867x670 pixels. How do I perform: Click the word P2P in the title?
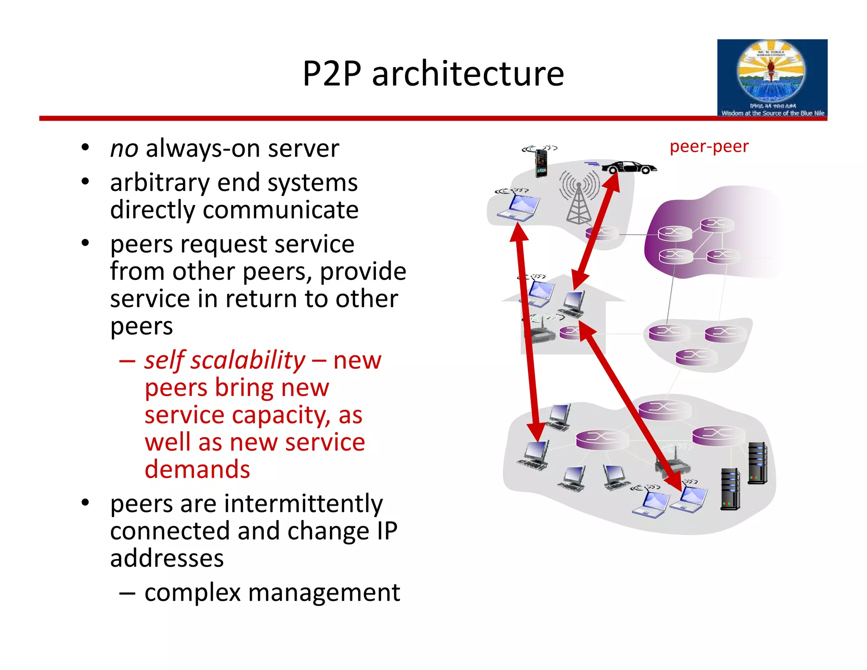[332, 74]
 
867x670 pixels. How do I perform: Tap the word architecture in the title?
[468, 74]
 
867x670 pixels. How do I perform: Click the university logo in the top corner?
[772, 78]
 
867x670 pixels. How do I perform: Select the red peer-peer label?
[709, 147]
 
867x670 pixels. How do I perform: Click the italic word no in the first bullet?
[124, 149]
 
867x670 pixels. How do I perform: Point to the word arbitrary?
[160, 183]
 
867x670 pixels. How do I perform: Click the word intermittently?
[303, 504]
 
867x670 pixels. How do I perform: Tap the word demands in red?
[197, 469]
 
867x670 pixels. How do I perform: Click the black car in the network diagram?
[629, 168]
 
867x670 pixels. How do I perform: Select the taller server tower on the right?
[757, 463]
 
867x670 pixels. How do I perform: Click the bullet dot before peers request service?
[86, 244]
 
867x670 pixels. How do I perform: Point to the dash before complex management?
[127, 593]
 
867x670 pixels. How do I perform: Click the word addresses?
[167, 558]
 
